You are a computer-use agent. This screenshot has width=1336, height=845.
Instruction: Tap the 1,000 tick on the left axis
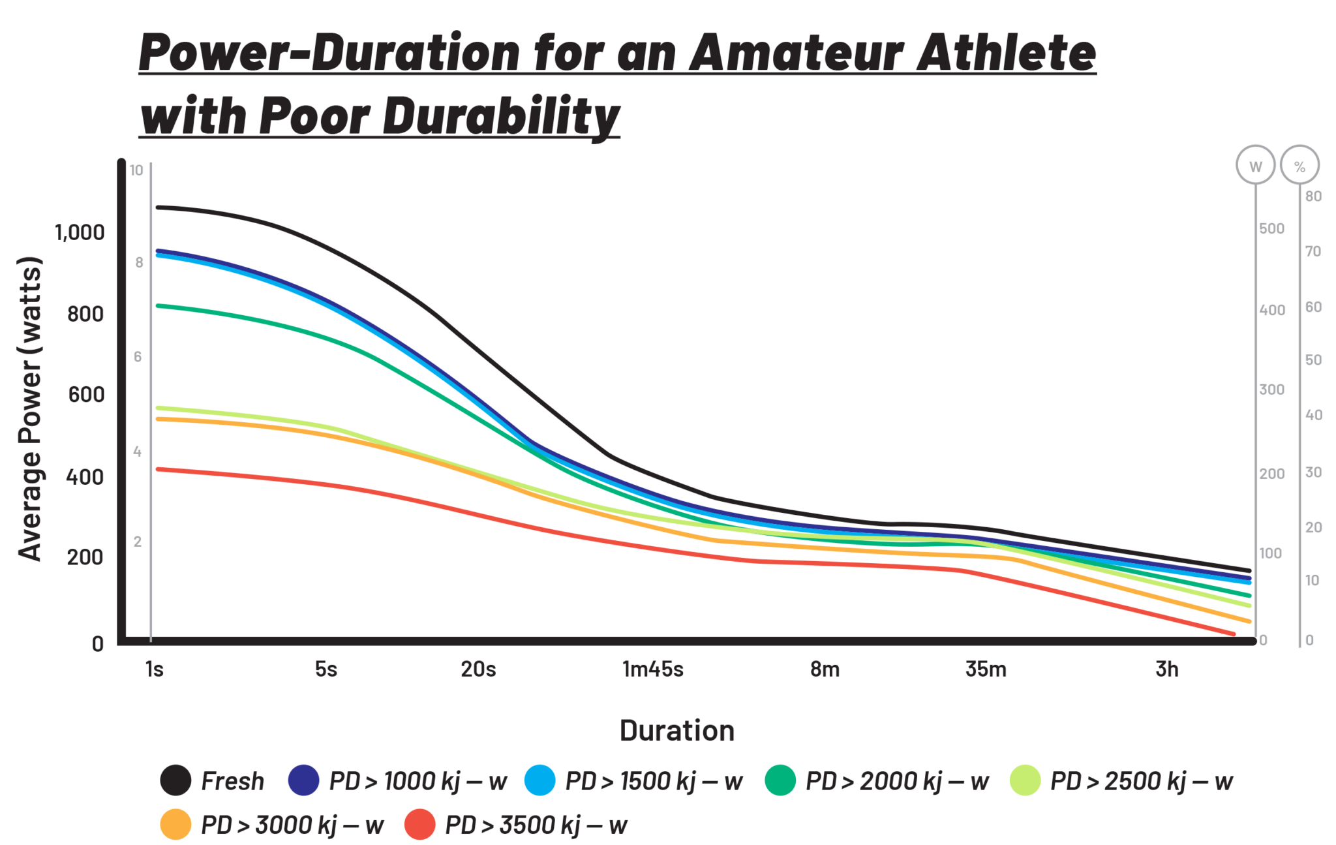click(80, 233)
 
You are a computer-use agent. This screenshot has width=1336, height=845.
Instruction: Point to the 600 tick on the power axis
click(85, 395)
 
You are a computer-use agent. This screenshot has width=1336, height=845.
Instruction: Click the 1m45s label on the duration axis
click(652, 669)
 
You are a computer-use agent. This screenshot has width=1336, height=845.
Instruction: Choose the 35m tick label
click(986, 669)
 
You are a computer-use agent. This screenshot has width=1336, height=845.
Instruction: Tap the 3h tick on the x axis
click(1167, 669)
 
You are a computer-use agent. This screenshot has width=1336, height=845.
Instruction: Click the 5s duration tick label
click(326, 669)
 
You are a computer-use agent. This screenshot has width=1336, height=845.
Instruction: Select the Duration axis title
click(677, 731)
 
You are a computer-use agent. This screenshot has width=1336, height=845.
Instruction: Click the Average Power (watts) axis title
click(30, 408)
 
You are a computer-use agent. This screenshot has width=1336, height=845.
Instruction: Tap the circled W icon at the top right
click(1255, 166)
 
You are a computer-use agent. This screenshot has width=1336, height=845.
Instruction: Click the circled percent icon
click(1299, 166)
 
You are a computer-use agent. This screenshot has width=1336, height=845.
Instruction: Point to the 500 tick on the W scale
click(1271, 229)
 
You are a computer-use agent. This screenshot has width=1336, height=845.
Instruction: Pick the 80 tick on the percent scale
click(1313, 196)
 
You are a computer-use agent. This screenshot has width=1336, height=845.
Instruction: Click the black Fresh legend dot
click(175, 780)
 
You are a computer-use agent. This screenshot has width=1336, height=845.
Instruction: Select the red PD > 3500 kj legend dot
click(420, 825)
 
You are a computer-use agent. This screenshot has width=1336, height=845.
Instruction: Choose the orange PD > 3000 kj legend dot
click(175, 825)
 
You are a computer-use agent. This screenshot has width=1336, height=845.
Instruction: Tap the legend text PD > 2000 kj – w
click(897, 781)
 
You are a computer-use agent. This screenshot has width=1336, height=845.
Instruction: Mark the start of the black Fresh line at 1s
click(158, 207)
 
